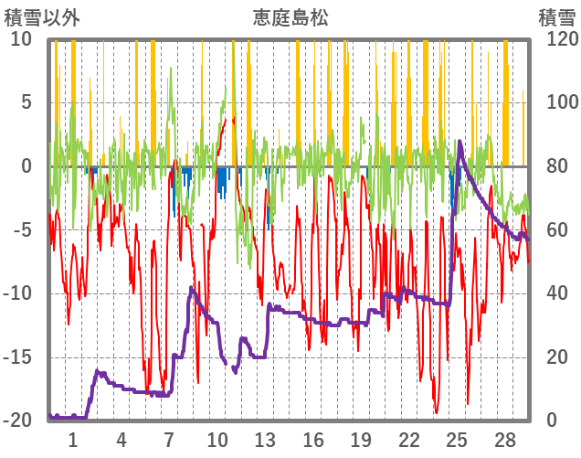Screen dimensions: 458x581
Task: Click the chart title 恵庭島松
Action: coord(290,17)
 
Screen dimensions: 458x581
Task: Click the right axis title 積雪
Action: coord(555,17)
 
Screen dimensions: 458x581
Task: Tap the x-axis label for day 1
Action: coord(74,439)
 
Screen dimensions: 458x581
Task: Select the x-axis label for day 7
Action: coord(169,439)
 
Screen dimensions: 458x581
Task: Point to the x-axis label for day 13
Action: coord(265,439)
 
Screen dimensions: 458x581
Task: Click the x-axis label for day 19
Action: coord(361,439)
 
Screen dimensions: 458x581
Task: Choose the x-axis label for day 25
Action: coord(457,439)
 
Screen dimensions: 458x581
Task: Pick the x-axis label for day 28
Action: coord(504,439)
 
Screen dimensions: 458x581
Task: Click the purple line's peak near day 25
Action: coord(460,142)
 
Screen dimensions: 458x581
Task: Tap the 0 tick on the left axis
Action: coord(26,166)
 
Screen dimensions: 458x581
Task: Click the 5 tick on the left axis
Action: coord(26,103)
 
